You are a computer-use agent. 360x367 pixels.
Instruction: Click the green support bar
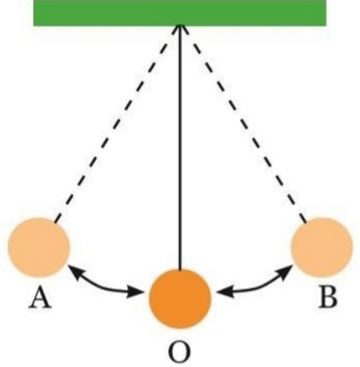180,13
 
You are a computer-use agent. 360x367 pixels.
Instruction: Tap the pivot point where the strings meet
180,26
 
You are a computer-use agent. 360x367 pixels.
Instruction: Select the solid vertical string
180,148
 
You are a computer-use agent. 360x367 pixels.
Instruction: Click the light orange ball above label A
39,247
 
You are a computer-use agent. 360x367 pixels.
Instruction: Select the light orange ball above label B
322,247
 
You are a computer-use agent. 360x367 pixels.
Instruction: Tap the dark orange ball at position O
180,299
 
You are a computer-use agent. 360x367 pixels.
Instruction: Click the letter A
40,298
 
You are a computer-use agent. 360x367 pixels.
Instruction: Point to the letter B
328,298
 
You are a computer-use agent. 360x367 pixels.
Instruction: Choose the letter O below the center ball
179,352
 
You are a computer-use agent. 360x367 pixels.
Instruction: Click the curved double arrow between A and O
102,285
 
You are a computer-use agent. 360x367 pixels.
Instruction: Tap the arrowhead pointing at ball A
73,270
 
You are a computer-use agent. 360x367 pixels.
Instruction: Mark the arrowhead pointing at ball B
288,269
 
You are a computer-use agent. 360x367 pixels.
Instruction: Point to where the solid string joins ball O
180,269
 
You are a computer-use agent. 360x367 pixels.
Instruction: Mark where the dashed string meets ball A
55,222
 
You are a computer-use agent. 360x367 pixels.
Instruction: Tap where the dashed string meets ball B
306,222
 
